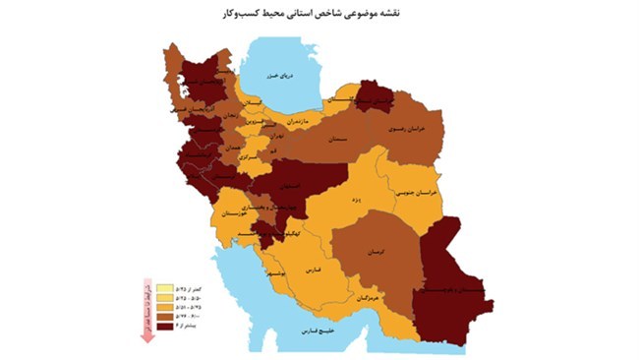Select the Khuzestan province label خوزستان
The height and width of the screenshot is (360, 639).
tap(238, 212)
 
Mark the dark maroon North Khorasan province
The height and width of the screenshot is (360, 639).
tap(378, 98)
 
